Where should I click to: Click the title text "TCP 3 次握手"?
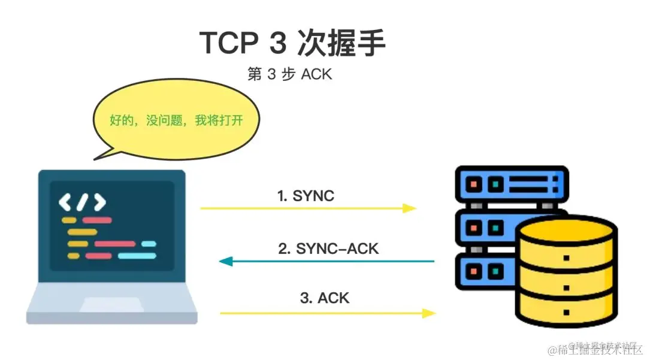coord(292,43)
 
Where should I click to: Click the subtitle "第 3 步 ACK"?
coord(289,75)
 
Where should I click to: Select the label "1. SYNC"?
coord(306,196)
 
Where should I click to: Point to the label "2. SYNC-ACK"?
coord(328,249)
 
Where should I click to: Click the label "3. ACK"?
coord(324,298)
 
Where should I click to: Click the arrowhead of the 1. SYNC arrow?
coord(410,208)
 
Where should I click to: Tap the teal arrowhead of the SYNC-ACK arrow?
coord(226,261)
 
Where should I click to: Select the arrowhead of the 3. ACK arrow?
coord(429,313)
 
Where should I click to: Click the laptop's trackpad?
coord(111,305)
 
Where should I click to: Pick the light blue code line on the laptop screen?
coord(137,256)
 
